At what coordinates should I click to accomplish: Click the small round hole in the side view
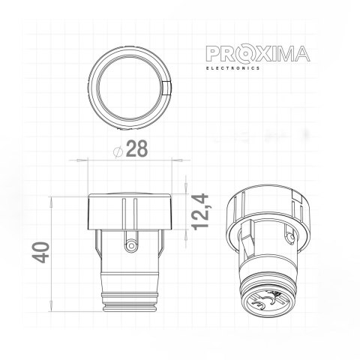click(132, 244)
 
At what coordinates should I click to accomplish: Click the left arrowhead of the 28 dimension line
click(91, 160)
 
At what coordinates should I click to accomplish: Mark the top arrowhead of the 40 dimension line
click(53, 199)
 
